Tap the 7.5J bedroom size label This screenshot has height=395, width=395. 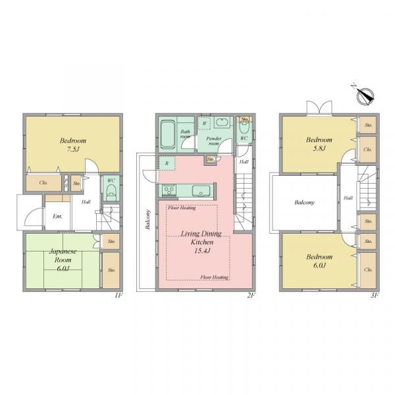point(73,149)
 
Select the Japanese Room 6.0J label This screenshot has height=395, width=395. point(63,260)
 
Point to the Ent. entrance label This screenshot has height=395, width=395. point(58,217)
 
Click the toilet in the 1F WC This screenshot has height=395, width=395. point(111,192)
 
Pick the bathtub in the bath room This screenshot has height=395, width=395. point(168,134)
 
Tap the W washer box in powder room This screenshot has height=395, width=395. point(204,123)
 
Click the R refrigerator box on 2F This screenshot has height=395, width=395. point(167,163)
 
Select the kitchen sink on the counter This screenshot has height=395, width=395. point(201,191)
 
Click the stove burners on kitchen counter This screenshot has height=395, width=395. point(169,190)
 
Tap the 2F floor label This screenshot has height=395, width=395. point(251,296)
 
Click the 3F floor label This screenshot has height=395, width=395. point(375,296)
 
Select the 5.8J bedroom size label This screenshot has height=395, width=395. point(319,148)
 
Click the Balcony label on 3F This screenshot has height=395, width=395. point(305,202)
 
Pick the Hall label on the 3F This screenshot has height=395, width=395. point(348,198)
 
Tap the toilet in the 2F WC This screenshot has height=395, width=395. point(244,128)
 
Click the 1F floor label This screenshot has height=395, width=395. point(118,296)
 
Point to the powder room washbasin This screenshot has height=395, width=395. point(222,122)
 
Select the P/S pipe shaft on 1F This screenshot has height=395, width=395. point(66,183)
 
